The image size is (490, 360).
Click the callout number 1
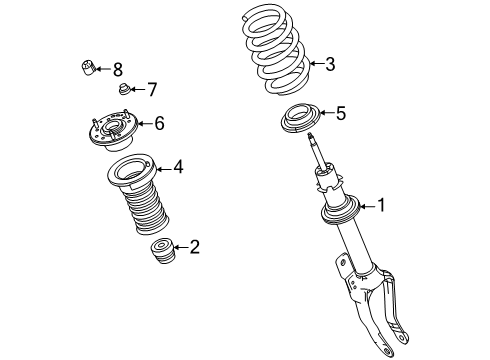click(380, 206)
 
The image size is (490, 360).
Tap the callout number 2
click(194, 247)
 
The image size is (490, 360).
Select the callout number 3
click(329, 65)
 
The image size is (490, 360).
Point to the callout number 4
click(177, 167)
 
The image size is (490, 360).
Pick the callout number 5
click(340, 114)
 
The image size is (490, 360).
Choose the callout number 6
click(158, 123)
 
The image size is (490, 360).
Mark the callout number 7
click(151, 90)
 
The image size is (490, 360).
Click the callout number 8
click(118, 69)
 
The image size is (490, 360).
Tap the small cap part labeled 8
click(87, 68)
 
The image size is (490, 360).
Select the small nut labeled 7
click(124, 91)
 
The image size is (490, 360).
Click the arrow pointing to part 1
click(365, 206)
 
